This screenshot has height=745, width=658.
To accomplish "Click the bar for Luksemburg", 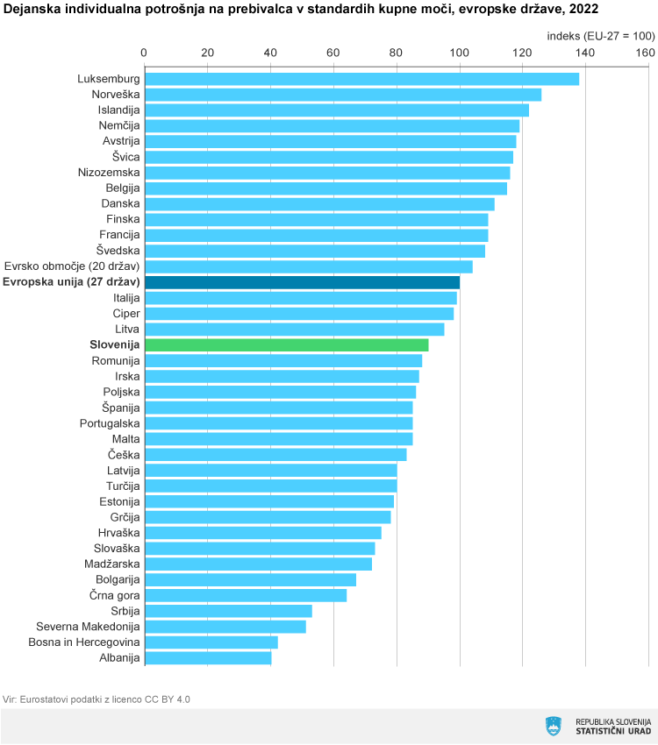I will pos(361,79).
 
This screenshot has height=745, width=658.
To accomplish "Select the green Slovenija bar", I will pos(286,344).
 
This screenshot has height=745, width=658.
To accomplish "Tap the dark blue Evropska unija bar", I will pos(301,282).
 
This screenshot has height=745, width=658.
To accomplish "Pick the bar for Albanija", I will pos(207,657).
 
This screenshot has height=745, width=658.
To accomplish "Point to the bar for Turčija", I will pos(270,486).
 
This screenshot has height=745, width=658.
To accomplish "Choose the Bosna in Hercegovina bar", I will pos(211,642).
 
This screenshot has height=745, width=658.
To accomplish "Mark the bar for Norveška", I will pos(342,95).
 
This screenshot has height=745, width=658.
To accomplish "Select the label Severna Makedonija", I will pos(88,627).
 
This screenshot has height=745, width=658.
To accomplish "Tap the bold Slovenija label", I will pos(115,344).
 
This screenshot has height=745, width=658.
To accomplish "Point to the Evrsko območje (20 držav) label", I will pos(72,266).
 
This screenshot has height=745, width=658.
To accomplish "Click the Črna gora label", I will pos(114,595).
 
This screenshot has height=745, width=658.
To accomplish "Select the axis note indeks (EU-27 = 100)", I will pos(601,36).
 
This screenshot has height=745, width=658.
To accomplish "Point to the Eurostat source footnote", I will pos(97,699).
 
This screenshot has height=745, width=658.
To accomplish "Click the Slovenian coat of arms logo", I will pos(553,726).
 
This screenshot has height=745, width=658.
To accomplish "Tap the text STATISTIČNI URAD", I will pos(613,731).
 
